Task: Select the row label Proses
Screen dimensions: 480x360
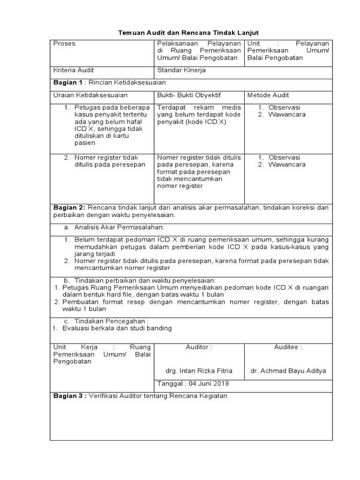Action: (64, 44)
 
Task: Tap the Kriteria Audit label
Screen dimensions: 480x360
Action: (74, 70)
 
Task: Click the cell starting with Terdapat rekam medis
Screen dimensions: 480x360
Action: (199, 114)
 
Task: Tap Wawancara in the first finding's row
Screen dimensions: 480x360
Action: (286, 114)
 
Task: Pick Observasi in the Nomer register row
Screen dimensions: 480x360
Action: (284, 157)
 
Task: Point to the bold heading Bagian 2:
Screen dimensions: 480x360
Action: (69, 208)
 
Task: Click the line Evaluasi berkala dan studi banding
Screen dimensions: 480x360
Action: (117, 328)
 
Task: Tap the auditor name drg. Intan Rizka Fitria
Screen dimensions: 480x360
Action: (199, 370)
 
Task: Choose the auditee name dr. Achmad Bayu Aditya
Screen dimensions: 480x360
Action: (288, 370)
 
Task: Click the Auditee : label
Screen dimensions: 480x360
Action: (288, 347)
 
